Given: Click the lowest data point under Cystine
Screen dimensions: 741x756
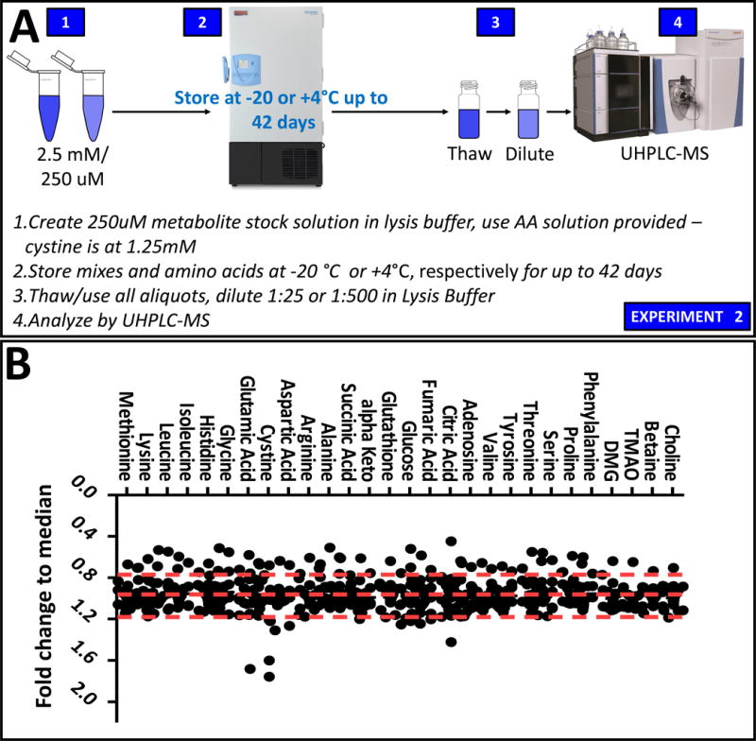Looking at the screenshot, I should click(269, 676).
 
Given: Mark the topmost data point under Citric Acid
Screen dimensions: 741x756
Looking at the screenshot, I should click(452, 542).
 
